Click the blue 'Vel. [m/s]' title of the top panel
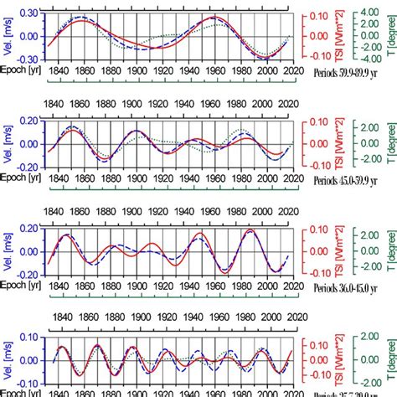(x=8, y=35)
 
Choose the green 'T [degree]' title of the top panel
(x=389, y=34)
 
